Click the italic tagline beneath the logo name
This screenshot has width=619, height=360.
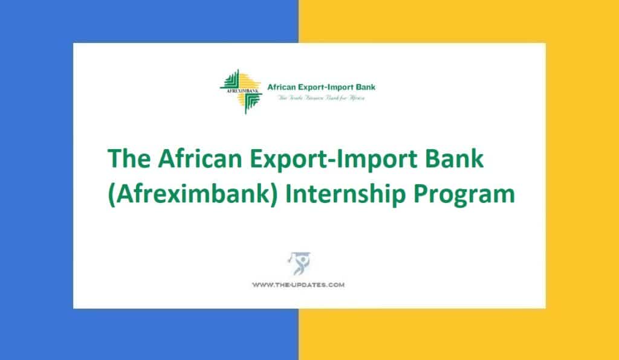[320, 98]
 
